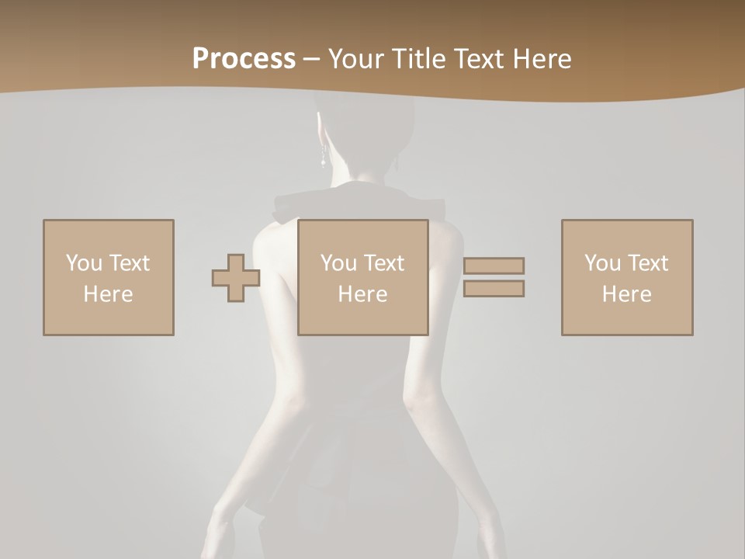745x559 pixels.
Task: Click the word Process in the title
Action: pyautogui.click(x=244, y=59)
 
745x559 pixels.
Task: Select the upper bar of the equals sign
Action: pyautogui.click(x=494, y=266)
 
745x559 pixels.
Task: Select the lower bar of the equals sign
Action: pyautogui.click(x=494, y=289)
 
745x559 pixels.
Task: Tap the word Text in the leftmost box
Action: pyautogui.click(x=129, y=263)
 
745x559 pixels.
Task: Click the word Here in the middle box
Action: pyautogui.click(x=363, y=294)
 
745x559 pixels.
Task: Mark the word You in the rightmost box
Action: pyautogui.click(x=602, y=263)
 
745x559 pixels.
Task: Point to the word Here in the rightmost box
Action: pyautogui.click(x=627, y=294)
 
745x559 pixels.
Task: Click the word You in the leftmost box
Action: pyautogui.click(x=83, y=263)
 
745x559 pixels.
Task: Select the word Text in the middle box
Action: pyautogui.click(x=383, y=263)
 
